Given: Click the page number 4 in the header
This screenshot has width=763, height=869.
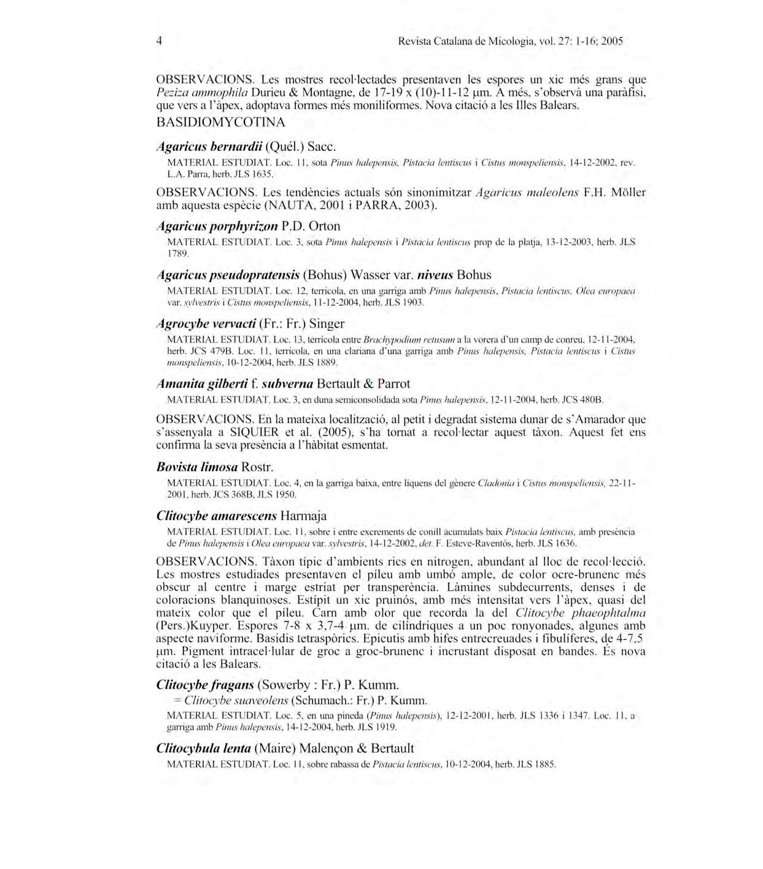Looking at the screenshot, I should [x=160, y=41].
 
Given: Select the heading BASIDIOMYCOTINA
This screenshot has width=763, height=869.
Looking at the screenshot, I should [x=221, y=122].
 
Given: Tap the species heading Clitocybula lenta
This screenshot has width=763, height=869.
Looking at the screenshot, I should [x=204, y=748].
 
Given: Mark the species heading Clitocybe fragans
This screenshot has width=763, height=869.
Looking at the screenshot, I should [x=205, y=685].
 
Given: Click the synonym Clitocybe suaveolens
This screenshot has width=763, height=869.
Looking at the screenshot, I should [x=236, y=700].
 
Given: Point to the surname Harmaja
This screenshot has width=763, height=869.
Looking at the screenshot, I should [x=304, y=516].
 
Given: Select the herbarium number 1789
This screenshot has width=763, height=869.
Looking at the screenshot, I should [x=177, y=253].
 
